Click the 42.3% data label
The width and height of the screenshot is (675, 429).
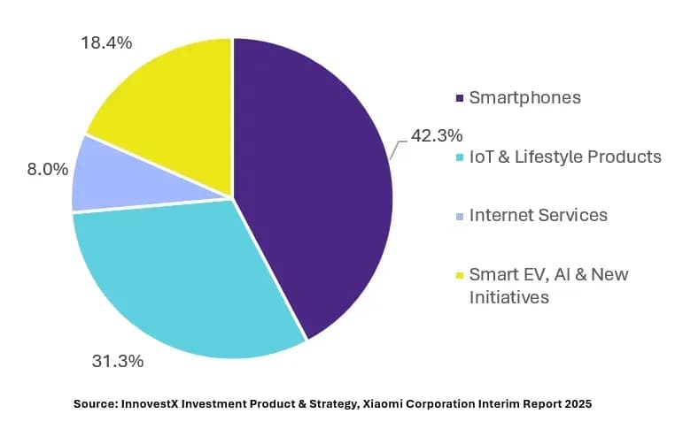pyautogui.click(x=437, y=135)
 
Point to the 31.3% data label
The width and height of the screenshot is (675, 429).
pyautogui.click(x=118, y=361)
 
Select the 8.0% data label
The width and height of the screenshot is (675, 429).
pyautogui.click(x=47, y=169)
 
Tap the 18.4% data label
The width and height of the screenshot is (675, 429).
pyautogui.click(x=106, y=42)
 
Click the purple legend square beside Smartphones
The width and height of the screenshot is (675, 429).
pyautogui.click(x=460, y=98)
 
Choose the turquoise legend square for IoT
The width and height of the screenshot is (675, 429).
pyautogui.click(x=460, y=157)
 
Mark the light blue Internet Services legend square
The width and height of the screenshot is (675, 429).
pyautogui.click(x=460, y=216)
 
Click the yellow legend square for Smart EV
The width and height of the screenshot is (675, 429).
pyautogui.click(x=460, y=275)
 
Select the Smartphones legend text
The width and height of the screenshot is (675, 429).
pyautogui.click(x=524, y=98)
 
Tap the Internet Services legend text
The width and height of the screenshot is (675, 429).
pyautogui.click(x=538, y=215)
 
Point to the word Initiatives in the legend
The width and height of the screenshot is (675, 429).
pyautogui.click(x=508, y=297)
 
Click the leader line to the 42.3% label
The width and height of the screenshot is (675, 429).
pyautogui.click(x=397, y=149)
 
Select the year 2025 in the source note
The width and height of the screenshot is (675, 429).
pyautogui.click(x=578, y=404)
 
